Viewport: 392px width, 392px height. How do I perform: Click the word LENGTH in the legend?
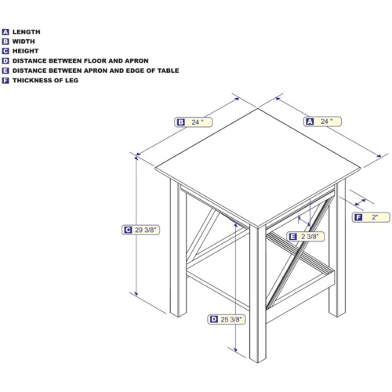(27, 32)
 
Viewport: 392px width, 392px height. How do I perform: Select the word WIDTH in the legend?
(24, 42)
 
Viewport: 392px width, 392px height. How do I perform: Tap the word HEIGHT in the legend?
(25, 51)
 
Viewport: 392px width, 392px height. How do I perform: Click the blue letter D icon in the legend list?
(5, 61)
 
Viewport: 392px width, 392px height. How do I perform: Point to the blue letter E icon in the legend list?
(5, 71)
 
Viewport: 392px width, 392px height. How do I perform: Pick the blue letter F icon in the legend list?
(5, 81)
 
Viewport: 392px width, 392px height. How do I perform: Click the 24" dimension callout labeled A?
(322, 122)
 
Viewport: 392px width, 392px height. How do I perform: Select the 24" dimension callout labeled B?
(194, 122)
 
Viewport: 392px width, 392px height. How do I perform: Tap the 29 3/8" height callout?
(140, 230)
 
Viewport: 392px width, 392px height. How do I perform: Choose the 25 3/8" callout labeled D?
(227, 319)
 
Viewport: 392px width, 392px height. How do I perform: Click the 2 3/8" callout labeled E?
(306, 237)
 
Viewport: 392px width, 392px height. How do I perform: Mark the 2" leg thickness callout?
(371, 217)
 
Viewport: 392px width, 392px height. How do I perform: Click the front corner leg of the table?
(258, 292)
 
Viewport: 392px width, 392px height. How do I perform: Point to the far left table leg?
(178, 248)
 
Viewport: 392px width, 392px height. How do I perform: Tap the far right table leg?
(337, 249)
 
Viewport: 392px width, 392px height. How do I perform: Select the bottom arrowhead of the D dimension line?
(235, 350)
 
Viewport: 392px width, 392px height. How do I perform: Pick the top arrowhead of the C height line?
(136, 158)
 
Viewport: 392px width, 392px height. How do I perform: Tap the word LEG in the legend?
(71, 81)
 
